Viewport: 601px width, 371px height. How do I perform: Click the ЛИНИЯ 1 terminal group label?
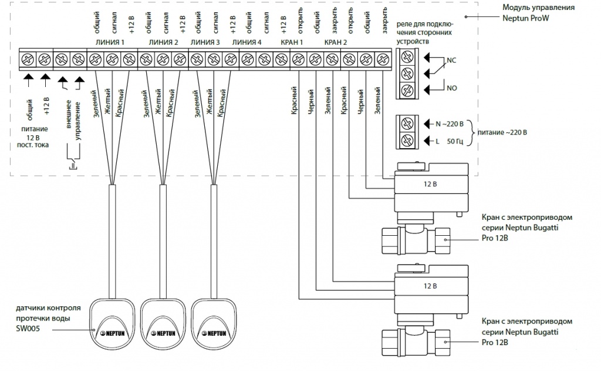click(110, 42)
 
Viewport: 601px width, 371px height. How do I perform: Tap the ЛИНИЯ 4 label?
click(247, 42)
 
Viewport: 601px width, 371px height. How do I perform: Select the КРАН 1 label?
click(292, 42)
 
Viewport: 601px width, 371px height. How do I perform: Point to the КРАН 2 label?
click(335, 42)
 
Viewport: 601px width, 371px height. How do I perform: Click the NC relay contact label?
click(451, 61)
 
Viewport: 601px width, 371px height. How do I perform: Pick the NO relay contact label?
click(451, 88)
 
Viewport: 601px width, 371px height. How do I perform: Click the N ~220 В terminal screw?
click(407, 123)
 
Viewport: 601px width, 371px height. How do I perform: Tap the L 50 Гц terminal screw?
click(407, 141)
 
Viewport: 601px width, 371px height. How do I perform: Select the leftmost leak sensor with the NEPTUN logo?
click(112, 324)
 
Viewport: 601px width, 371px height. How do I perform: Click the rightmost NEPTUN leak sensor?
click(214, 324)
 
